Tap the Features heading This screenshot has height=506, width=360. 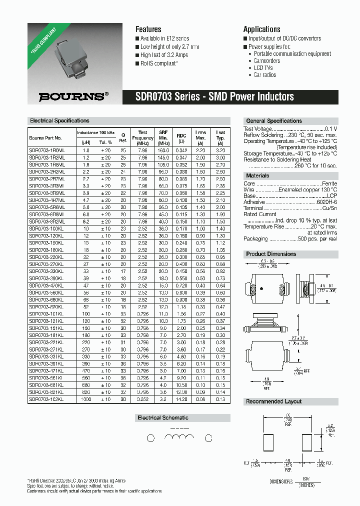(x=148, y=29)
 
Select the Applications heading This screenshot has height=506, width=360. (x=261, y=29)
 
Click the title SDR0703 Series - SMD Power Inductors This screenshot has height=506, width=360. (x=215, y=96)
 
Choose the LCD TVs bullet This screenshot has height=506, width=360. (x=263, y=68)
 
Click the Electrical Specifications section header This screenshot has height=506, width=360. (x=59, y=120)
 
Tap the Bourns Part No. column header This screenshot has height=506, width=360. (x=45, y=137)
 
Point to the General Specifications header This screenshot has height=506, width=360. (x=273, y=121)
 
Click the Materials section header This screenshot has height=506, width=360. (x=257, y=175)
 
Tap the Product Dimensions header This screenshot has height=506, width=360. (x=271, y=254)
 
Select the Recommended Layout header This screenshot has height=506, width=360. (x=273, y=401)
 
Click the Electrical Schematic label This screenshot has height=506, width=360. (x=163, y=417)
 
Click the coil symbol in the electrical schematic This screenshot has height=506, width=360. (x=178, y=437)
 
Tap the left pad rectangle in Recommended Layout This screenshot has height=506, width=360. (x=268, y=443)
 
